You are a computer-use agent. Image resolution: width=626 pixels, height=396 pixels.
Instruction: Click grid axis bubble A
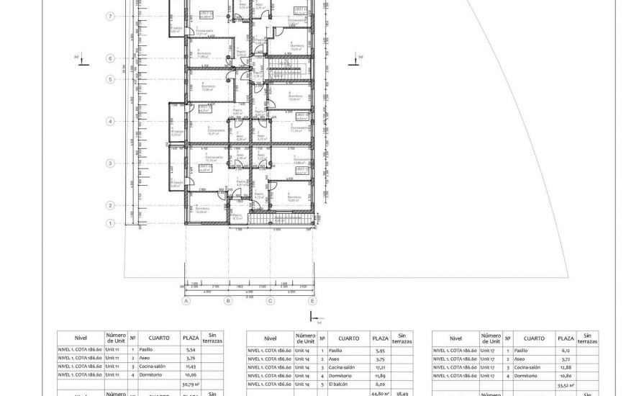click(186, 302)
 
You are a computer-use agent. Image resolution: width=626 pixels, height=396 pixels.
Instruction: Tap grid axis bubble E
click(312, 302)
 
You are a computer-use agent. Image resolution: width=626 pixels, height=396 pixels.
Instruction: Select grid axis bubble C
click(271, 302)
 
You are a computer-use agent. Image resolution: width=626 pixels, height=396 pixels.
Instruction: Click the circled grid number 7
click(111, 16)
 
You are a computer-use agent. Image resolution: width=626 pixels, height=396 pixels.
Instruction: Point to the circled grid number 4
click(111, 122)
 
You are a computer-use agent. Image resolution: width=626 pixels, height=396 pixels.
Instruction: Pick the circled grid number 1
click(111, 223)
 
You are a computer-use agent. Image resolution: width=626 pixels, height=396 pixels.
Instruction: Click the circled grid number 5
click(111, 79)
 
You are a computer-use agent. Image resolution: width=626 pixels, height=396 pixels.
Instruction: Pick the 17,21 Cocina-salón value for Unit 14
click(379, 367)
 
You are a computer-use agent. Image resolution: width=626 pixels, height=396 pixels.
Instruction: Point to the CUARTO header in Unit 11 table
click(159, 338)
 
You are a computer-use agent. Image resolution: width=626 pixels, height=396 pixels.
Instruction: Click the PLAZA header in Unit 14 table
click(379, 338)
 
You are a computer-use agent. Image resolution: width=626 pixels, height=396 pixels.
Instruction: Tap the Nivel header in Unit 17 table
click(455, 338)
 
